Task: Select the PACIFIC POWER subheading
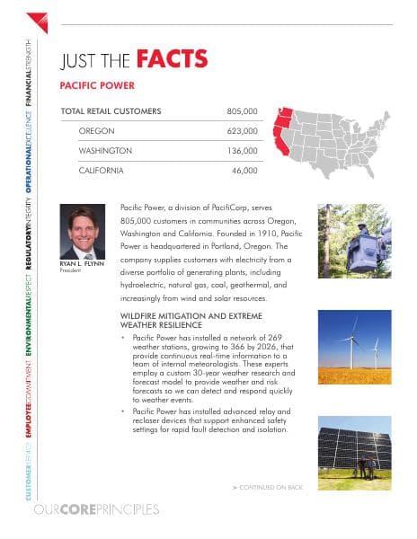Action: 96,85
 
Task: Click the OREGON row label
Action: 96,131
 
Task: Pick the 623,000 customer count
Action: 241,131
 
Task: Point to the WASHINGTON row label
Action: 105,150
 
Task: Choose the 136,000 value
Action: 241,150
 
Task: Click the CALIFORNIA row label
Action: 102,170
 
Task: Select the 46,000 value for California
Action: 244,170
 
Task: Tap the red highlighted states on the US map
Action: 281,131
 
